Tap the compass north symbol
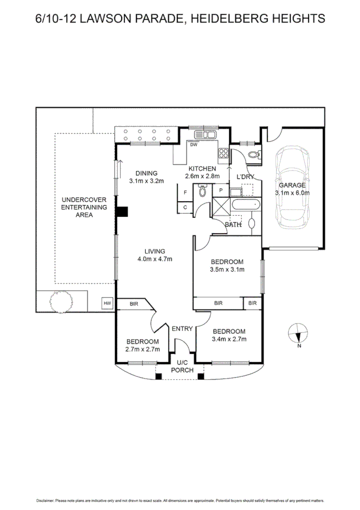[x=297, y=334]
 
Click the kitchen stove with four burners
[x=222, y=153]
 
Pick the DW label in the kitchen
[x=193, y=145]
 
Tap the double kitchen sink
[x=206, y=136]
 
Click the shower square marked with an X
[x=221, y=206]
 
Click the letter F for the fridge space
[x=185, y=192]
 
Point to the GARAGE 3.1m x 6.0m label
[x=293, y=189]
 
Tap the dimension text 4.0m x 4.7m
[x=155, y=259]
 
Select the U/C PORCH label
[x=182, y=366]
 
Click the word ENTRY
[x=182, y=329]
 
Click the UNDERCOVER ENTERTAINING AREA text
[x=84, y=207]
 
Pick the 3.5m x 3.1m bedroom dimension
[x=227, y=270]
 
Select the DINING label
[x=146, y=173]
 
